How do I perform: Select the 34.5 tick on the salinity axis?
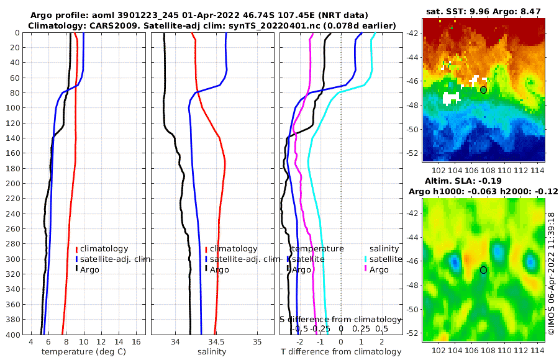tap(216, 342)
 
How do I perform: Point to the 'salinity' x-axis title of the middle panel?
tap(211, 352)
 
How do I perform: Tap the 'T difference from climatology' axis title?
tap(341, 352)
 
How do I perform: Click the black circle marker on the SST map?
tap(483, 90)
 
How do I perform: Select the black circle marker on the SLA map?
tap(483, 270)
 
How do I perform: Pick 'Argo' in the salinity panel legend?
tap(219, 269)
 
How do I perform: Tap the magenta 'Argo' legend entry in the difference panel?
tap(379, 269)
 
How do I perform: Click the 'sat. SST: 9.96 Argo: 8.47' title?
tap(483, 11)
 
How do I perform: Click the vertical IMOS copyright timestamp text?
tap(551, 273)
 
